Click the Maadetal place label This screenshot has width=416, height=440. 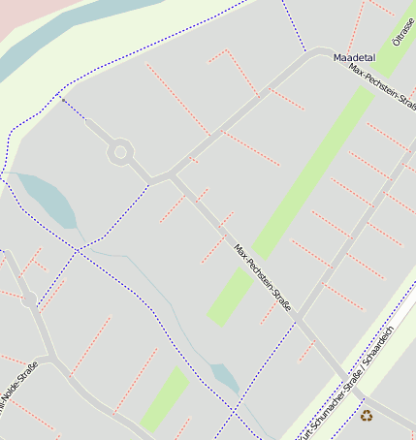click(354, 58)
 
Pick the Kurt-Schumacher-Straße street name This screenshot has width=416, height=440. click(330, 405)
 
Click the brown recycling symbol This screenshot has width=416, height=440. click(367, 415)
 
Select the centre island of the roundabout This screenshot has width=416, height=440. click(120, 151)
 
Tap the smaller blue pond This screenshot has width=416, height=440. click(225, 378)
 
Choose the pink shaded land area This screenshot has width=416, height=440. click(24, 19)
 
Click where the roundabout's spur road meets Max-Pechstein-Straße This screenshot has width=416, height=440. click(172, 175)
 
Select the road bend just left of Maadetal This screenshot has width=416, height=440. click(316, 53)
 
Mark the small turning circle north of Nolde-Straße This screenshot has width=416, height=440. click(29, 300)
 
